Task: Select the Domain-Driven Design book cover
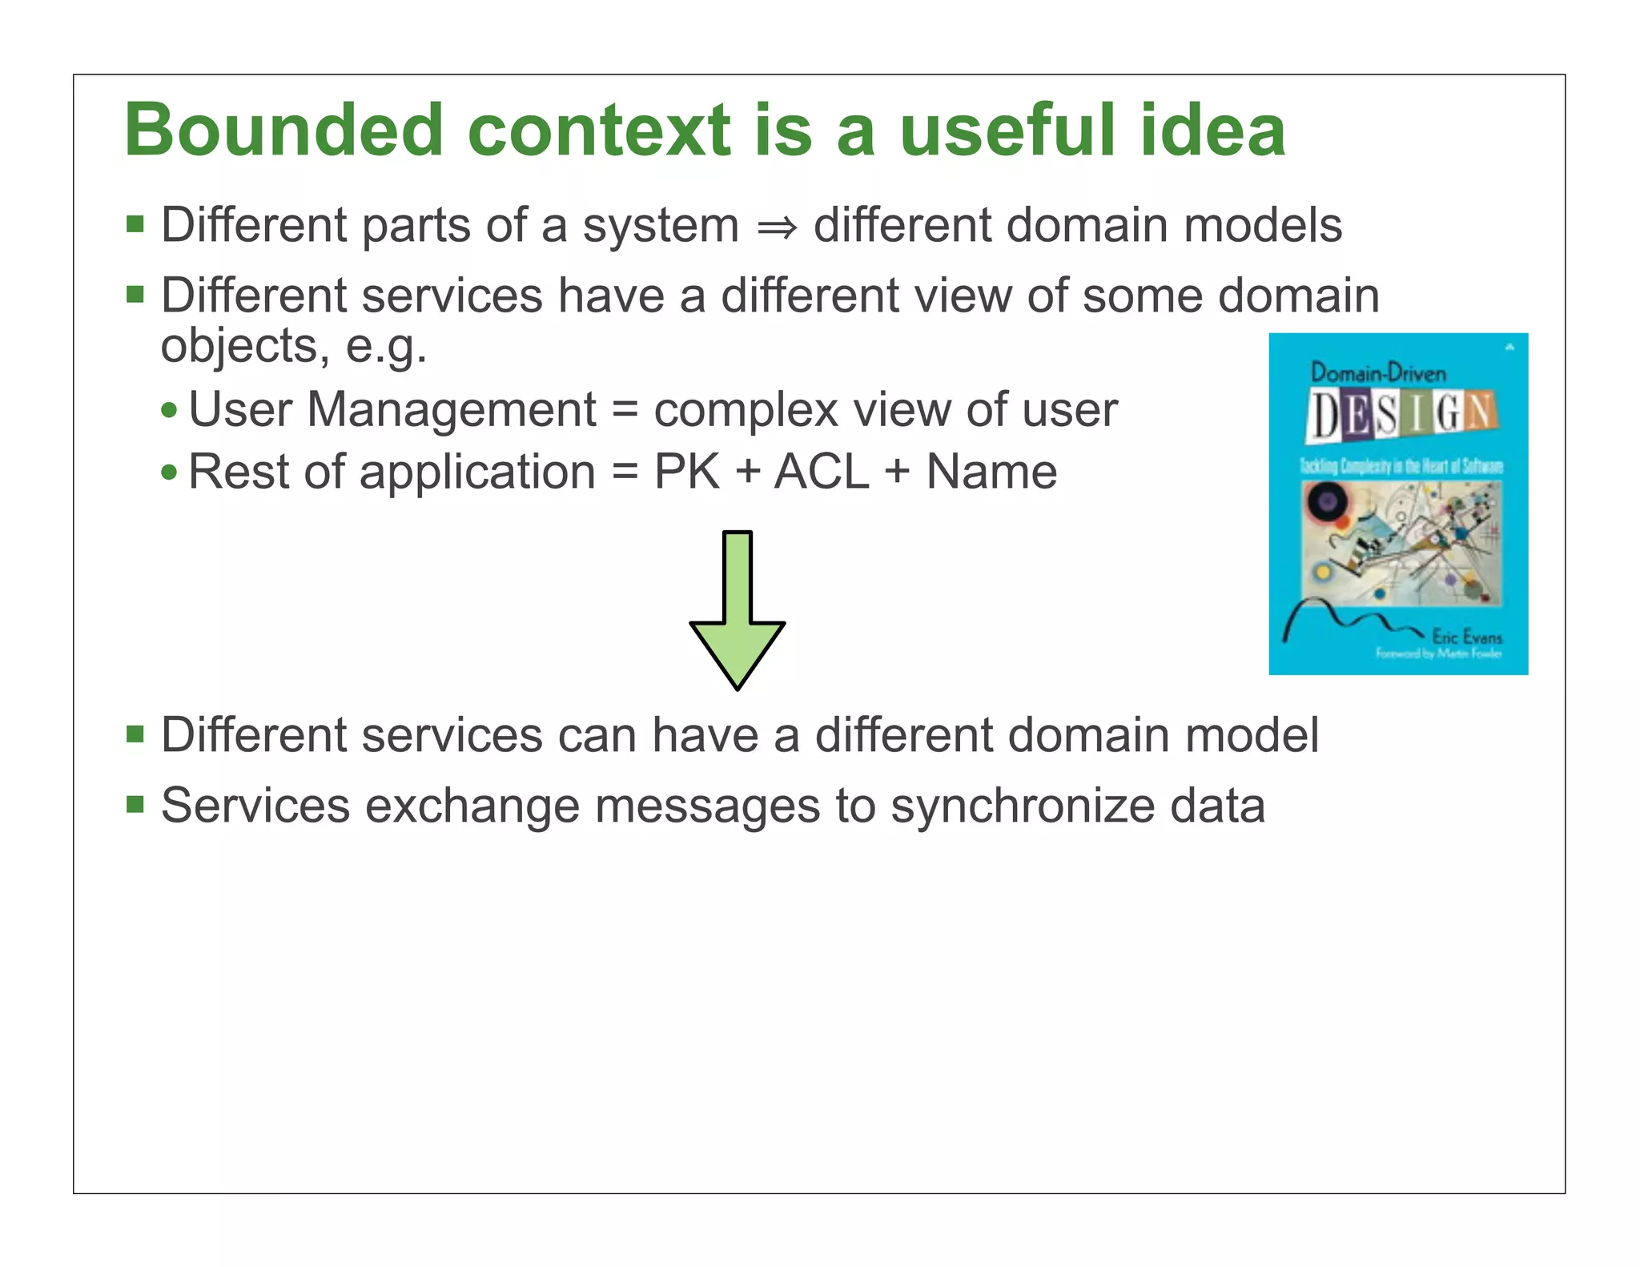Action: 1398,504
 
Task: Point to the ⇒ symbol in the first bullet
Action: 777,227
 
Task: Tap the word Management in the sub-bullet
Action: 452,410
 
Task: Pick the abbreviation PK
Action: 686,472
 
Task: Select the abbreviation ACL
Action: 822,472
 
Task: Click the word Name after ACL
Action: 991,472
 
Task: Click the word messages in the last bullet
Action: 707,806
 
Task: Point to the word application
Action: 477,473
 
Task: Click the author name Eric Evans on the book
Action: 1466,638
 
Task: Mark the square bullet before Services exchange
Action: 135,803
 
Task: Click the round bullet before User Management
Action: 168,411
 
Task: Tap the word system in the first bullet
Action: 661,226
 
